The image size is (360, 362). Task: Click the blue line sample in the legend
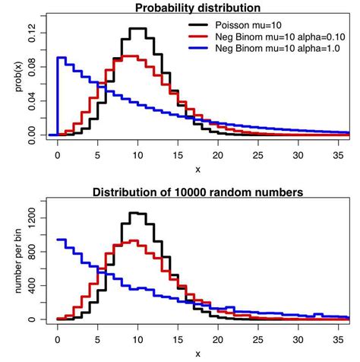tap(198, 47)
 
